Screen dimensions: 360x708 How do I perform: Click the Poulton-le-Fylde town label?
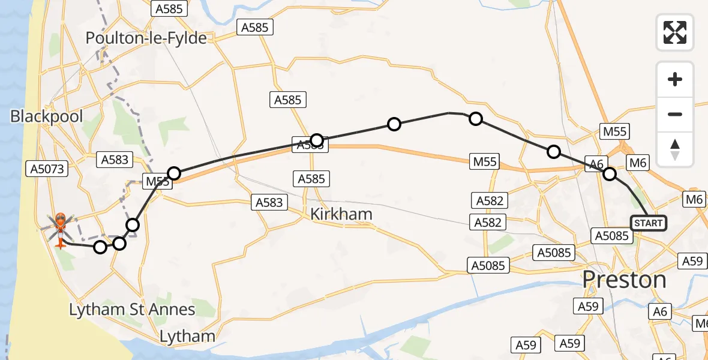tap(146, 38)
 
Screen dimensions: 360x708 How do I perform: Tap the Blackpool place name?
tap(46, 116)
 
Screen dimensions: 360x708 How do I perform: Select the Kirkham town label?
tap(341, 214)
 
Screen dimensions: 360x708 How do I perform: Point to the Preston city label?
tap(625, 280)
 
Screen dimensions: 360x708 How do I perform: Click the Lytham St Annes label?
tap(132, 310)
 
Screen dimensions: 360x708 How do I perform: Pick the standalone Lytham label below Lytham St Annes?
tap(188, 336)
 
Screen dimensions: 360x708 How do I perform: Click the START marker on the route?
tap(648, 223)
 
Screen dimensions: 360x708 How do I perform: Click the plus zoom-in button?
tap(675, 79)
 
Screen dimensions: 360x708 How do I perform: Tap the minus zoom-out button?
tap(675, 114)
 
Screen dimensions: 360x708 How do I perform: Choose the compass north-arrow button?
tap(675, 149)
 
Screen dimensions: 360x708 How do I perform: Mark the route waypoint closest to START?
tap(609, 174)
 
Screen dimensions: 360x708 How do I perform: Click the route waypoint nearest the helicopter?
tap(100, 247)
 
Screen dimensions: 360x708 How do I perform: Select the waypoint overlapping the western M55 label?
tap(173, 174)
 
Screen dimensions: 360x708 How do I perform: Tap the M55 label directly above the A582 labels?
tap(485, 161)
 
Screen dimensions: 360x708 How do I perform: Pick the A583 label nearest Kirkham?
tap(269, 202)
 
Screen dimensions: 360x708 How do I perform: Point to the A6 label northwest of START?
tap(596, 163)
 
